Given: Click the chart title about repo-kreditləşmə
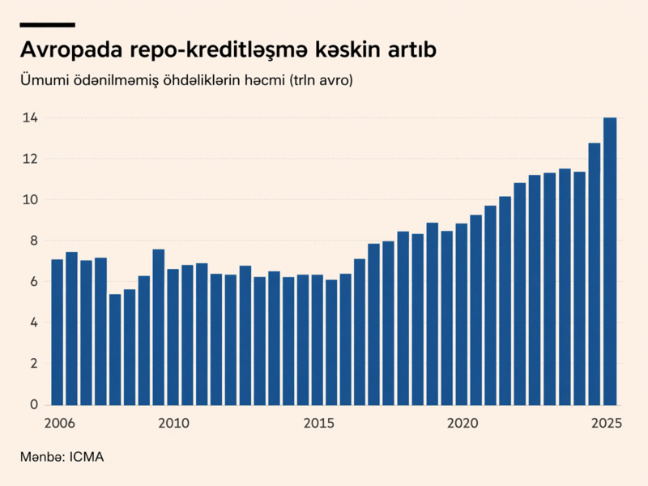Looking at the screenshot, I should (x=228, y=49).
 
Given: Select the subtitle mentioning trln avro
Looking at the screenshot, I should (x=187, y=81).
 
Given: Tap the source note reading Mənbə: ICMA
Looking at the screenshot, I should (x=62, y=457).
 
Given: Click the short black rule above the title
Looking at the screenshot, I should (x=47, y=25).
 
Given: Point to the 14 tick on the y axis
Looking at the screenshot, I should (x=30, y=118).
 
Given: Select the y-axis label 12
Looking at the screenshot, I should (x=30, y=159).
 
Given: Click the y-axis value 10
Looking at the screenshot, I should (x=30, y=200).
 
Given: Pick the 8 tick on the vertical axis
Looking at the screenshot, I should (x=33, y=241).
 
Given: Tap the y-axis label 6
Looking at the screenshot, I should (x=33, y=282).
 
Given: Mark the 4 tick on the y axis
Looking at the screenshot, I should (x=33, y=322).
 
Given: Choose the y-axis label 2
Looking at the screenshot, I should (x=33, y=364).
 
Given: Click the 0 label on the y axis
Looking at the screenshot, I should (x=33, y=404).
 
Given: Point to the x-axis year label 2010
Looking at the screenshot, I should (x=173, y=423).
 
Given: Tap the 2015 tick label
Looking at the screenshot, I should (x=318, y=423).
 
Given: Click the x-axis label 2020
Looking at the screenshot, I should (x=463, y=423).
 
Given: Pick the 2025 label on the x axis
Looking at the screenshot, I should (x=606, y=423).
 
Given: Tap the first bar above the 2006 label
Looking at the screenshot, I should (x=57, y=332).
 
